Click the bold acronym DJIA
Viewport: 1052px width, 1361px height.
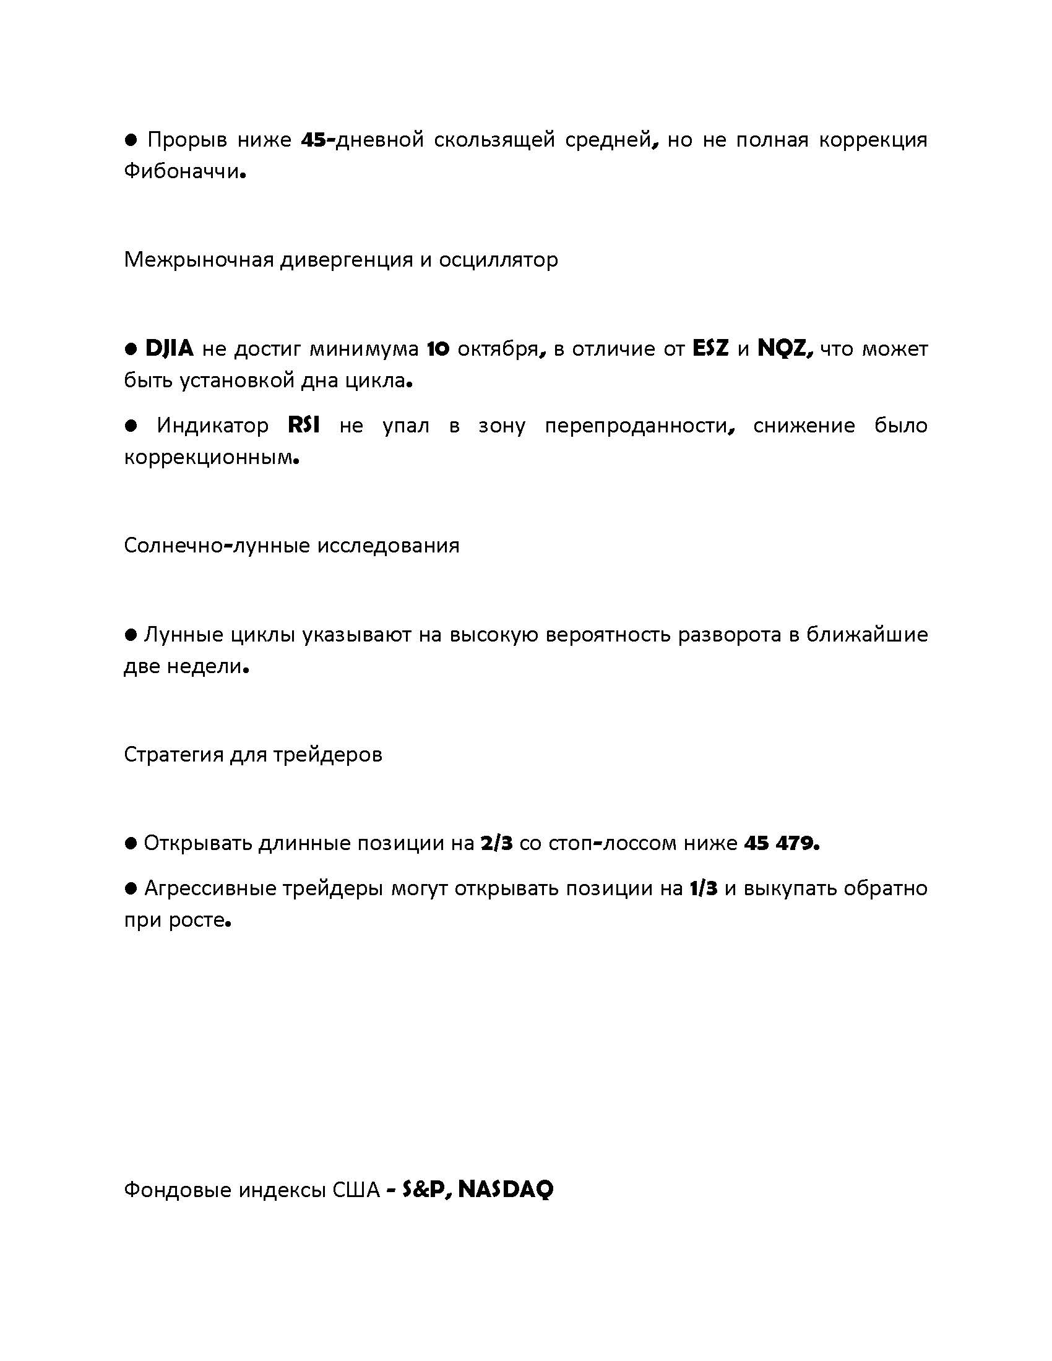pyautogui.click(x=169, y=348)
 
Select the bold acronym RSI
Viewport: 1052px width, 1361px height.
pyautogui.click(x=304, y=426)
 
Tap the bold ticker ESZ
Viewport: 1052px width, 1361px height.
pyautogui.click(x=711, y=348)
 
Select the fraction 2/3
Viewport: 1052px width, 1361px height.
pyautogui.click(x=496, y=844)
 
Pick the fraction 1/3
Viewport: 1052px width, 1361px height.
pyautogui.click(x=704, y=888)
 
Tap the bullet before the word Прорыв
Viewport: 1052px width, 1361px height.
pyautogui.click(x=131, y=140)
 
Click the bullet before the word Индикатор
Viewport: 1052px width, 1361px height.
pyautogui.click(x=131, y=426)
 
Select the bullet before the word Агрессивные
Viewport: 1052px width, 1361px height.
pyautogui.click(x=131, y=888)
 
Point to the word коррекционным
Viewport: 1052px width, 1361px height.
pyautogui.click(x=208, y=458)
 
